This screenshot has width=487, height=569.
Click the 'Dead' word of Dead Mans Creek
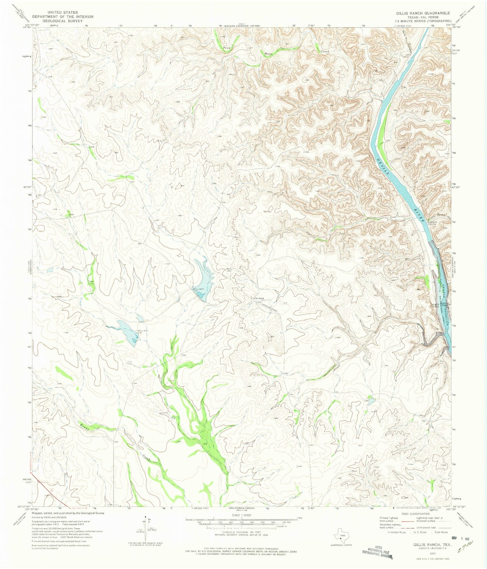click(227, 48)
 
